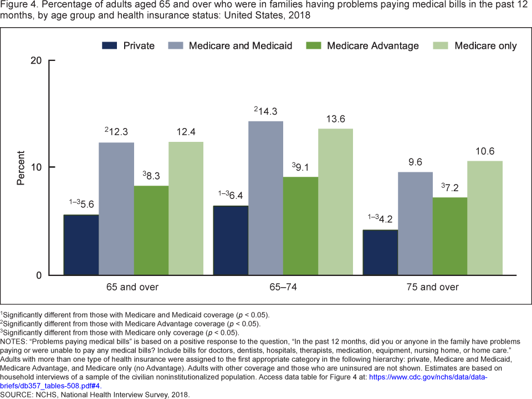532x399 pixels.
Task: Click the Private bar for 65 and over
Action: [x=81, y=245]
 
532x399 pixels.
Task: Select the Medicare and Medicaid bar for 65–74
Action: [x=265, y=198]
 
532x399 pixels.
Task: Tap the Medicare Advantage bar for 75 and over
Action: [x=450, y=236]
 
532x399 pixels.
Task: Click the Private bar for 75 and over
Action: [x=380, y=252]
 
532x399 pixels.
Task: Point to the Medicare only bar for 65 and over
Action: [x=186, y=208]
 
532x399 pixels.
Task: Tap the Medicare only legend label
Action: [x=485, y=45]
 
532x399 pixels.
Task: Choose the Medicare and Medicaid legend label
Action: [x=241, y=45]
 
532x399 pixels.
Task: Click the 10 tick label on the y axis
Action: [x=36, y=167]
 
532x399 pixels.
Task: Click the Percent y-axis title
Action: [x=21, y=167]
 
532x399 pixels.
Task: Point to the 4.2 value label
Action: [x=383, y=219]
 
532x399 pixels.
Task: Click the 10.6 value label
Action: [x=484, y=151]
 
